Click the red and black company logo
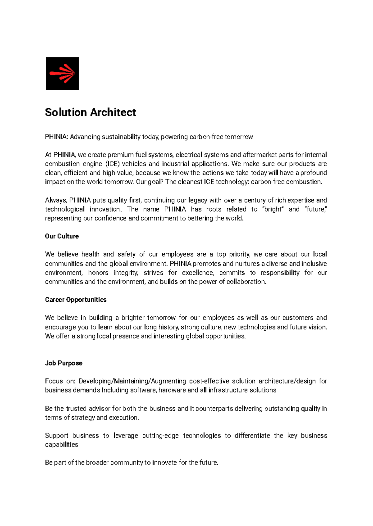[x=62, y=74]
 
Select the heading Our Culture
[x=62, y=236]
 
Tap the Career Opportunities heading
[x=76, y=300]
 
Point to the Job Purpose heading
[x=64, y=363]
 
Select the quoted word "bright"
[x=273, y=209]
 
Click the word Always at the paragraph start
[x=56, y=200]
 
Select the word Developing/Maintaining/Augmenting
[x=132, y=381]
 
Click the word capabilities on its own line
[x=62, y=445]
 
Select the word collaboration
[x=246, y=282]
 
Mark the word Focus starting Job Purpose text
[x=54, y=381]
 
